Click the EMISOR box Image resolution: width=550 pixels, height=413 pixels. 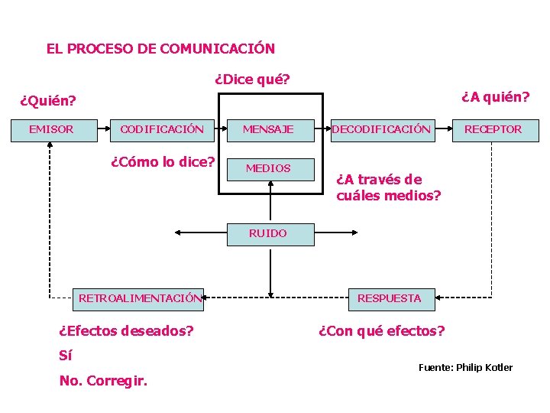coord(50,129)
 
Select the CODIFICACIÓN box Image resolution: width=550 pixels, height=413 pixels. coord(161,129)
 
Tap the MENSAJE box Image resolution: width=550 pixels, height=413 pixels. coord(268,129)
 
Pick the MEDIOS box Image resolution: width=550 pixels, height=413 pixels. coord(268,168)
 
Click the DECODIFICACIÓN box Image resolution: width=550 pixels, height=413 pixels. coord(381,129)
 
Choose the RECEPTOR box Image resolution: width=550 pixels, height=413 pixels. coord(493,129)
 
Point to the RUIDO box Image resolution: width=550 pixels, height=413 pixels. coord(268,233)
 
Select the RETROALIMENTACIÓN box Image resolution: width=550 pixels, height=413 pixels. coord(141,298)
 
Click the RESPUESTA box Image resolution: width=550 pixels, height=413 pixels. coord(390,298)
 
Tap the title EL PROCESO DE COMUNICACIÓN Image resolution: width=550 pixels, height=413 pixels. coord(160,49)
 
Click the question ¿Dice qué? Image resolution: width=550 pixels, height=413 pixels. coord(252,79)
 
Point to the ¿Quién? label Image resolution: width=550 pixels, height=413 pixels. coord(48,100)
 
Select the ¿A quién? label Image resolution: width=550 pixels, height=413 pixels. coord(495,96)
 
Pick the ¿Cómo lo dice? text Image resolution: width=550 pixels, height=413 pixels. coord(163,162)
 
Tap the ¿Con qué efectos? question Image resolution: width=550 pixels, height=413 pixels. coord(381,331)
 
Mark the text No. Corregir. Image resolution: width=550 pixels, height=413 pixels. coord(103,380)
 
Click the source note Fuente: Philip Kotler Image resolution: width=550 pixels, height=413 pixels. coord(465,368)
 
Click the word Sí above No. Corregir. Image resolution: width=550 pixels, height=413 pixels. coord(66,356)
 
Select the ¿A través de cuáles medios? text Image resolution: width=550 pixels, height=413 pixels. coord(388,188)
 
